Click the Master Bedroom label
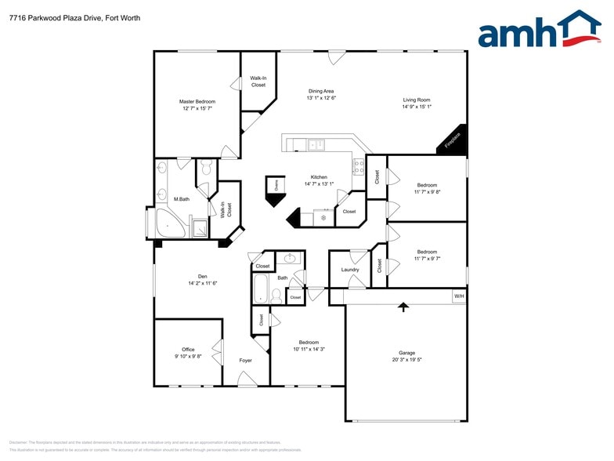pos(197,101)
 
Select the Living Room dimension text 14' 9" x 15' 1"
pos(417,107)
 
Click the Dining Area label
pos(321,91)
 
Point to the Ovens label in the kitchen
pos(276,184)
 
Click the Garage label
pos(406,353)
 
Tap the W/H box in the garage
pos(459,296)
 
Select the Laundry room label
pos(350,270)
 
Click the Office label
pos(188,350)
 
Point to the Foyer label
pos(246,361)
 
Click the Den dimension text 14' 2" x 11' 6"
pos(202,283)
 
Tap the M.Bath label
pos(182,199)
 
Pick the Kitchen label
pos(319,177)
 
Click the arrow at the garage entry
pos(404,307)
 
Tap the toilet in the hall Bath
pos(276,296)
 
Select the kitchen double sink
pos(317,144)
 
